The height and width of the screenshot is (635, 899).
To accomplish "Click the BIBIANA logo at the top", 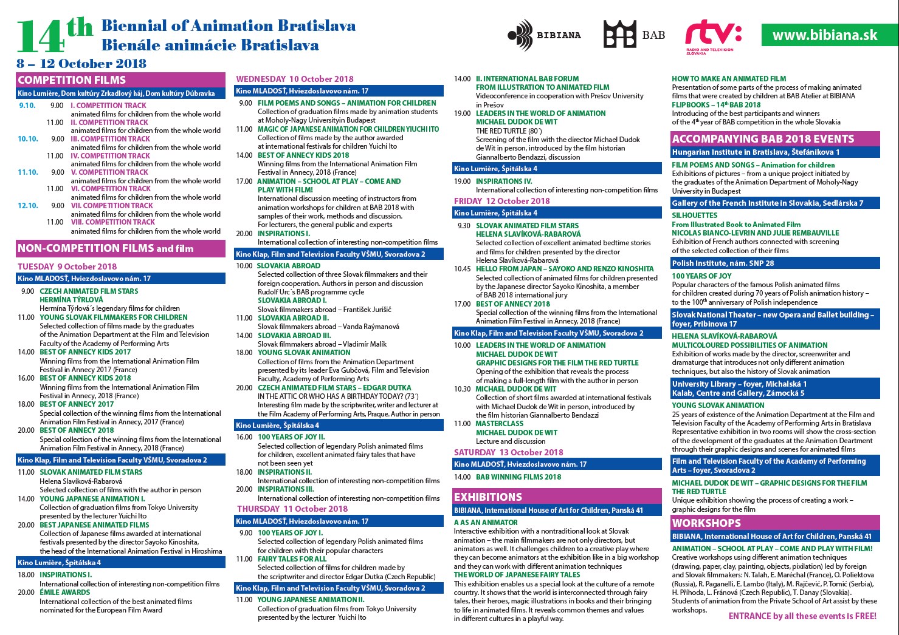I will (543, 35).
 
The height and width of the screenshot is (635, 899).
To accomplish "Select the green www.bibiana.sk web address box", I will (825, 35).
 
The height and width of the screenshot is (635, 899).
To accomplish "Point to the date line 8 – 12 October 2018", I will (81, 64).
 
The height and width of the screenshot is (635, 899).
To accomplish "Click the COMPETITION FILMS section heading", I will (72, 80).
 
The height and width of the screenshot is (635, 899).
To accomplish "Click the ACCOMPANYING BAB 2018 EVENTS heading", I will (763, 139).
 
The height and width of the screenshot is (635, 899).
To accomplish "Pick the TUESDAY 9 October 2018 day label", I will (67, 267).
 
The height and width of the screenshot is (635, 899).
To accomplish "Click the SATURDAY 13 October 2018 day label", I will (508, 452).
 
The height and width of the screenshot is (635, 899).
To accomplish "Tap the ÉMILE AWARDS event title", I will (65, 593).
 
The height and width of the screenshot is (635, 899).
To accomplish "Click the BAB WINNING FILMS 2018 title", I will (518, 477).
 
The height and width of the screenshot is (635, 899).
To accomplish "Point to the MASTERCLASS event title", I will (499, 424).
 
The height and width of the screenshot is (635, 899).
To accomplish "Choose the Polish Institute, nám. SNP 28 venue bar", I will (723, 263).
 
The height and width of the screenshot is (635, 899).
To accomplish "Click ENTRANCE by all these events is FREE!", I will (802, 616).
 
